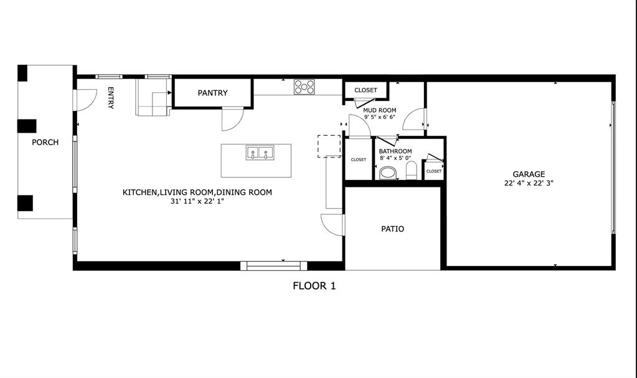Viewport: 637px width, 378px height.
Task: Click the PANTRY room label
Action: pyautogui.click(x=212, y=93)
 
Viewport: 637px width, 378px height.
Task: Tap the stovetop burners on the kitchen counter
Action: pyautogui.click(x=304, y=87)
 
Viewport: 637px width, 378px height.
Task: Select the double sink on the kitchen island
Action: pyautogui.click(x=260, y=153)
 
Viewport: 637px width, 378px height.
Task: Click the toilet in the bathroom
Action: pyautogui.click(x=388, y=172)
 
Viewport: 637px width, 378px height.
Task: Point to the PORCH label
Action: pyautogui.click(x=45, y=142)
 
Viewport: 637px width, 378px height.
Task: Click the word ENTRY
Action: pyautogui.click(x=111, y=98)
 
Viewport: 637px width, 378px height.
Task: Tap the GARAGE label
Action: pyautogui.click(x=529, y=174)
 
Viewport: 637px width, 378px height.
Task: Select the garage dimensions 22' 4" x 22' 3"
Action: pyautogui.click(x=529, y=183)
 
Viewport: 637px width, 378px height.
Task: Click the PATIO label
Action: pyautogui.click(x=392, y=229)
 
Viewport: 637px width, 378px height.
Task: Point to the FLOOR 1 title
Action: pyautogui.click(x=314, y=286)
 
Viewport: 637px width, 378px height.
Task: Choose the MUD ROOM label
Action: pyautogui.click(x=380, y=110)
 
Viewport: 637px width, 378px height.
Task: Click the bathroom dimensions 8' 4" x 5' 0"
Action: pyautogui.click(x=395, y=158)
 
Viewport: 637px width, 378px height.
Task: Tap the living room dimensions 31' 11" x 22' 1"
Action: pyautogui.click(x=197, y=202)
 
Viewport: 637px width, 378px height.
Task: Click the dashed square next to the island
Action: pyautogui.click(x=329, y=146)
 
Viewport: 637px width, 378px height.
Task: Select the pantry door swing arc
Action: pyautogui.click(x=232, y=119)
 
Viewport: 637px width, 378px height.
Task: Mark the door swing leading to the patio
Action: pyautogui.click(x=331, y=225)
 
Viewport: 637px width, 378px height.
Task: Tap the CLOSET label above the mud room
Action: pyautogui.click(x=366, y=90)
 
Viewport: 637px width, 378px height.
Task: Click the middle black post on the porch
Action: pyautogui.click(x=27, y=126)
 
